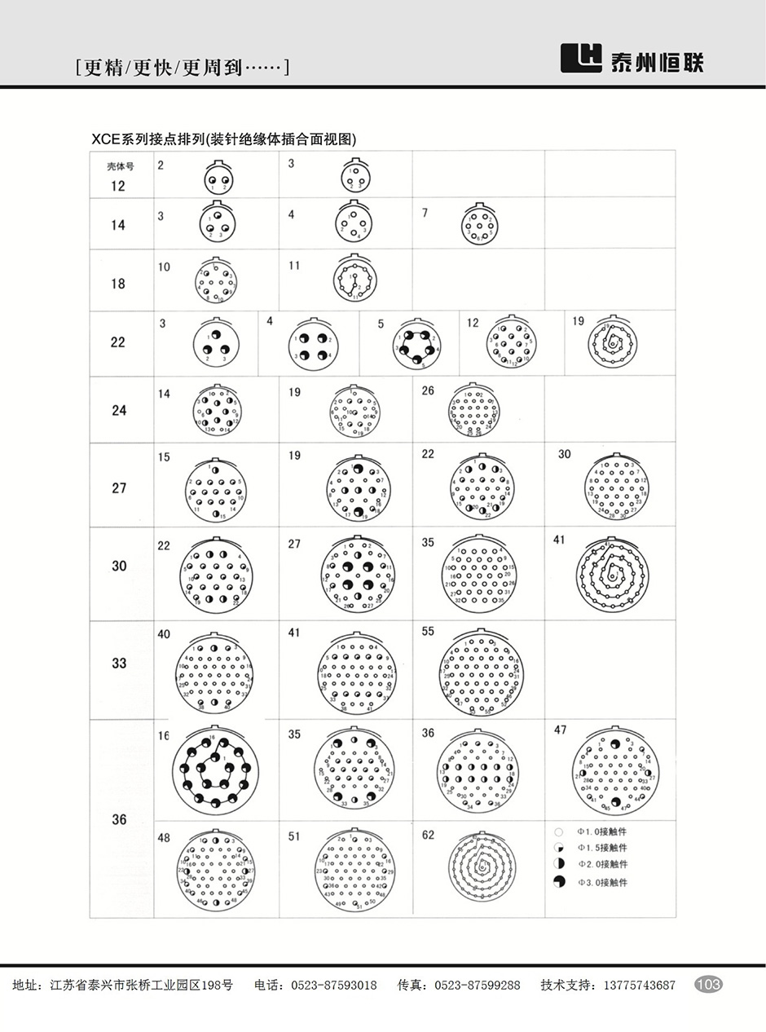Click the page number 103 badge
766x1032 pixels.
point(708,985)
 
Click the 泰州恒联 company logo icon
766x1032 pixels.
point(580,59)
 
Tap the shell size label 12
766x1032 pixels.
point(118,185)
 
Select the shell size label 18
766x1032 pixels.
point(118,284)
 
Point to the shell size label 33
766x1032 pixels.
point(119,664)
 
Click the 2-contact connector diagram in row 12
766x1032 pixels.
point(218,180)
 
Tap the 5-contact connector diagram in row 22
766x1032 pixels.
point(416,346)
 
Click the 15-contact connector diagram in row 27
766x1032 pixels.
point(216,490)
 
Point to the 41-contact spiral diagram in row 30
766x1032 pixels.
point(610,576)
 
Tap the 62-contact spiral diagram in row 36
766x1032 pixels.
point(482,868)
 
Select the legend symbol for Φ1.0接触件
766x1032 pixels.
point(558,832)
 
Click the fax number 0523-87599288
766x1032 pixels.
point(477,986)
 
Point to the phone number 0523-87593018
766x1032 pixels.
point(334,986)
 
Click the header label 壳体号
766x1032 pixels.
point(120,166)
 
